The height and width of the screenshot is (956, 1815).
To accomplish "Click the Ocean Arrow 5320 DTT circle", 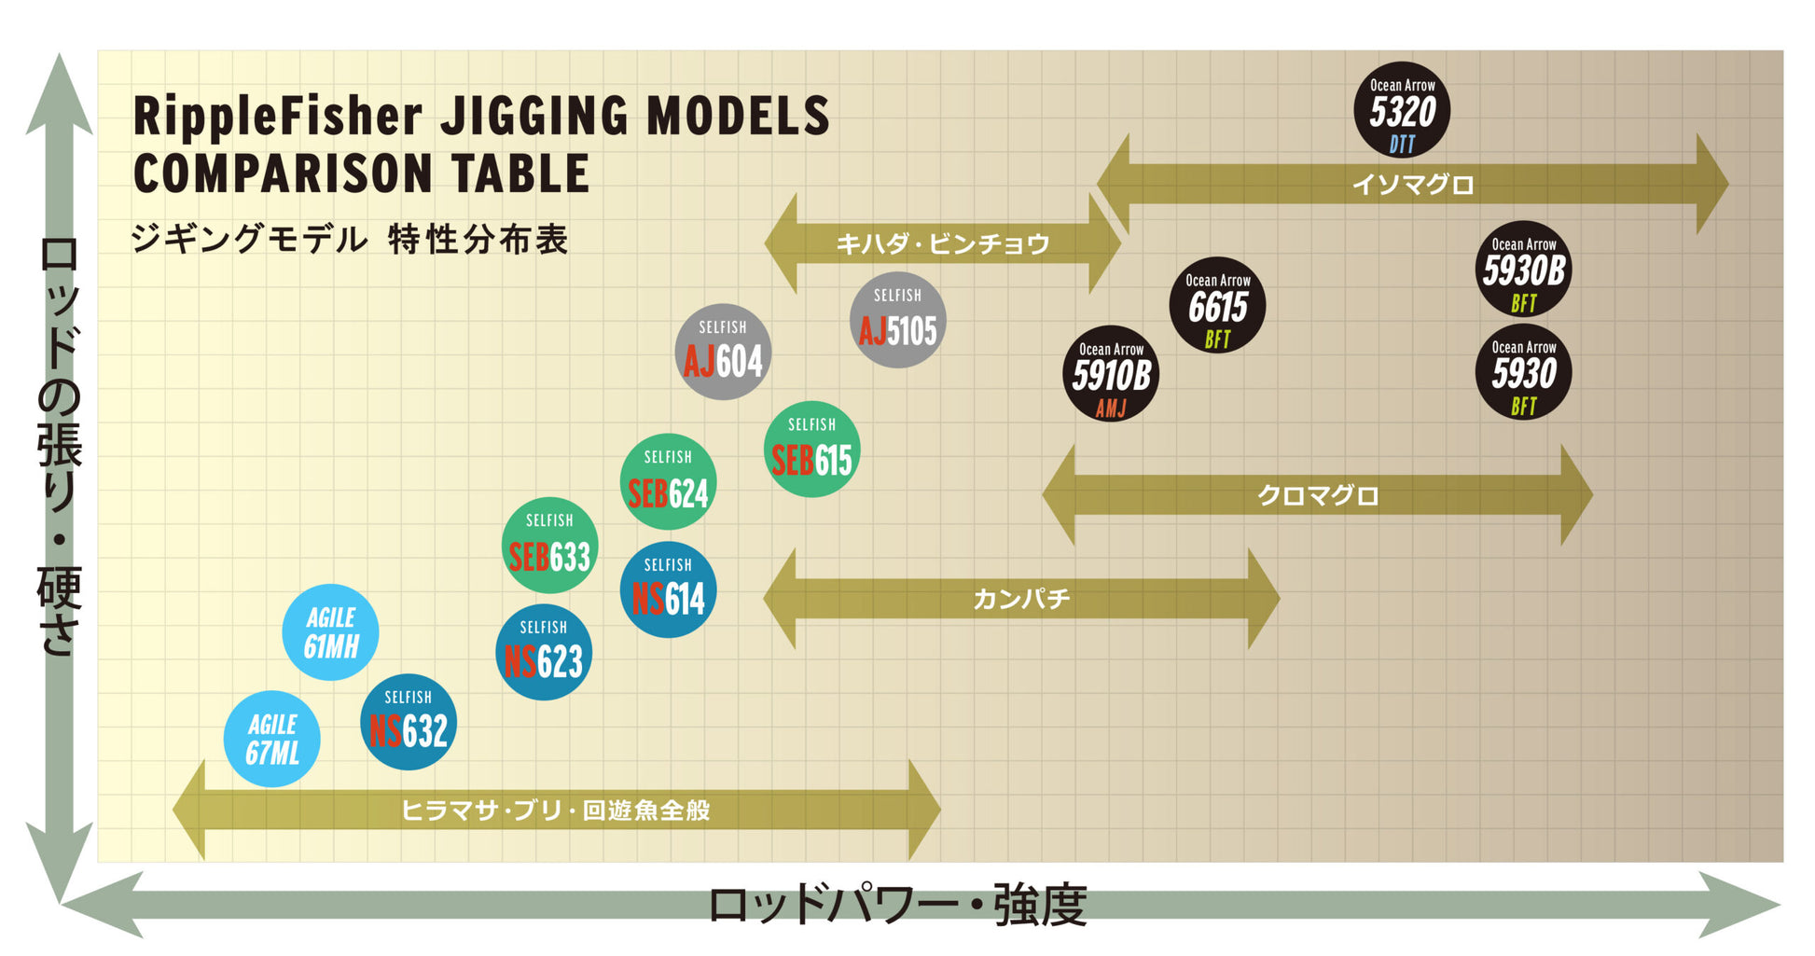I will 1402,110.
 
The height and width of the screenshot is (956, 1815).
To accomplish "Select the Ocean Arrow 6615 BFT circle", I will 1217,305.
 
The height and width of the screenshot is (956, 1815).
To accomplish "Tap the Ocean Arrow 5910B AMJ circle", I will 1111,374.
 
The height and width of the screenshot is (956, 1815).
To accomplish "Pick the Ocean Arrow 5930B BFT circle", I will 1523,270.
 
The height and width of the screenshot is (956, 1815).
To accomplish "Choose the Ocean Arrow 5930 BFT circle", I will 1523,372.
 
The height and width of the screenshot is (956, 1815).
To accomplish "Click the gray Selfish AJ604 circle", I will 723,352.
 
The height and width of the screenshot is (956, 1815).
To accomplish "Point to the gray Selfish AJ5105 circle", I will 897,320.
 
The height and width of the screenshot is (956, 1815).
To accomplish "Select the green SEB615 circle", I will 811,450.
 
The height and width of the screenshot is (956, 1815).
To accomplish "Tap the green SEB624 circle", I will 668,482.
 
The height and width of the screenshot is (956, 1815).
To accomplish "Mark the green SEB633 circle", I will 549,546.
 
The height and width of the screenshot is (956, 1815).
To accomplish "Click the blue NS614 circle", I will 668,589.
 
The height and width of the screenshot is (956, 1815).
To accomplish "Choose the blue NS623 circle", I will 544,653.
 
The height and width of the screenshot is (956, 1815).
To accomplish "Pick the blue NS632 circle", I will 409,722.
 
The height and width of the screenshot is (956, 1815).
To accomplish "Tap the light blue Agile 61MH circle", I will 330,632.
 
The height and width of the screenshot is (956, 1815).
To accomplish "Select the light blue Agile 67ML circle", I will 272,739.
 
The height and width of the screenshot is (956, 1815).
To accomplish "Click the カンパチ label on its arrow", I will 1021,599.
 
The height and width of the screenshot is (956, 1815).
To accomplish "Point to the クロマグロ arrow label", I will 1318,495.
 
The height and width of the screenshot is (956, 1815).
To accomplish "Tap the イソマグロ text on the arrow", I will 1413,185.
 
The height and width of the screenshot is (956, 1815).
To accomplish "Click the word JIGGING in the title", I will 534,117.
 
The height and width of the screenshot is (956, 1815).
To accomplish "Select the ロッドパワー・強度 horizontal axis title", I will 897,906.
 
